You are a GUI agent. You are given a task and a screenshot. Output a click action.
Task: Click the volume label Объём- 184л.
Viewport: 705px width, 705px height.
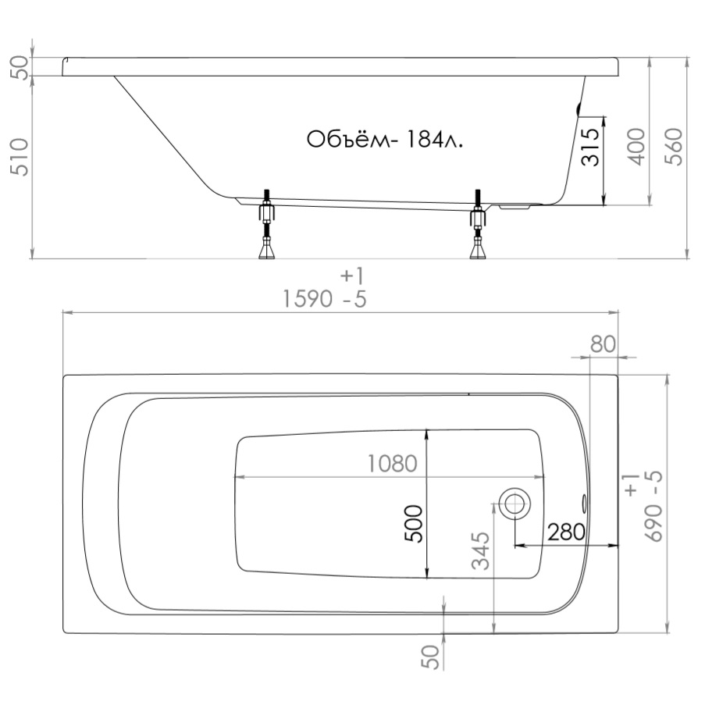pos(384,140)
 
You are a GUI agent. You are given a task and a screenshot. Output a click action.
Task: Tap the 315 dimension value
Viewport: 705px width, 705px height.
pos(590,147)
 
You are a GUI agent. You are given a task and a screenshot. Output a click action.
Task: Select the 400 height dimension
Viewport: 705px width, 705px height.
pos(636,147)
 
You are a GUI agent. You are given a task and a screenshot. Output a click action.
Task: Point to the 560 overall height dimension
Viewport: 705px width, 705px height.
pos(673,147)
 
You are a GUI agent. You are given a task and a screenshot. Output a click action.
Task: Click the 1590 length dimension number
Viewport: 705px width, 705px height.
pos(308,299)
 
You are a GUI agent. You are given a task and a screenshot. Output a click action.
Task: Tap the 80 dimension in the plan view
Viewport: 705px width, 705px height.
pos(603,344)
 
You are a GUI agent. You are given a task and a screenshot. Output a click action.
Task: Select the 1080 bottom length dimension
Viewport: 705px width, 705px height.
pos(393,464)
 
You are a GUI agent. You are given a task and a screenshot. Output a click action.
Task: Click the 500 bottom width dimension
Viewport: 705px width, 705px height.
pos(414,524)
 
